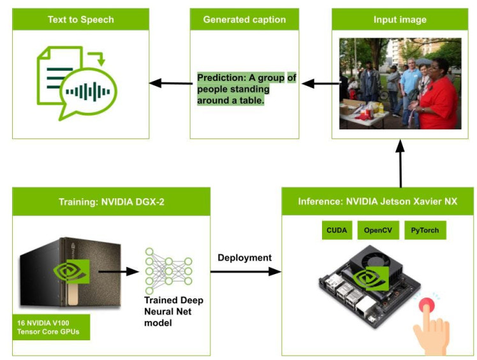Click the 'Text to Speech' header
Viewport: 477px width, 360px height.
point(80,20)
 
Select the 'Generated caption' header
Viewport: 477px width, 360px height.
point(244,20)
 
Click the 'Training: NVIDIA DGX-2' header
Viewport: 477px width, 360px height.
point(111,202)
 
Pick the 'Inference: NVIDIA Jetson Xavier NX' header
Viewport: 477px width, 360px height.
point(378,202)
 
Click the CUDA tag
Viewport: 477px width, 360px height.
point(336,230)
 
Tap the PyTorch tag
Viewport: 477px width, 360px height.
point(425,230)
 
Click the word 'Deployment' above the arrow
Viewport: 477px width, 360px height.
point(244,258)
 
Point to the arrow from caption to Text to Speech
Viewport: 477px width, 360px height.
point(171,83)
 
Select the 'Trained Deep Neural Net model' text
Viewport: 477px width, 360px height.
point(173,312)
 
